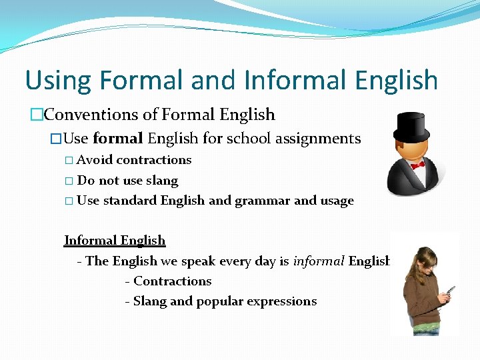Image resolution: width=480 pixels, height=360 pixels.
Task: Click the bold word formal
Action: (118, 139)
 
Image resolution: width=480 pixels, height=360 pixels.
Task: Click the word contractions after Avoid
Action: (153, 160)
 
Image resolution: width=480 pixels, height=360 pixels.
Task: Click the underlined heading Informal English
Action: (115, 240)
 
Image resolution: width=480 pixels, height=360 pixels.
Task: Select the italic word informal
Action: (318, 261)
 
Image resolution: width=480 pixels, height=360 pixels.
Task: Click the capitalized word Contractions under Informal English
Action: (173, 281)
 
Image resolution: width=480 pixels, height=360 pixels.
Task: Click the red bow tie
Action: (418, 165)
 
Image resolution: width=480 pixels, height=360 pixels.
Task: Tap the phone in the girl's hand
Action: (450, 291)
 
